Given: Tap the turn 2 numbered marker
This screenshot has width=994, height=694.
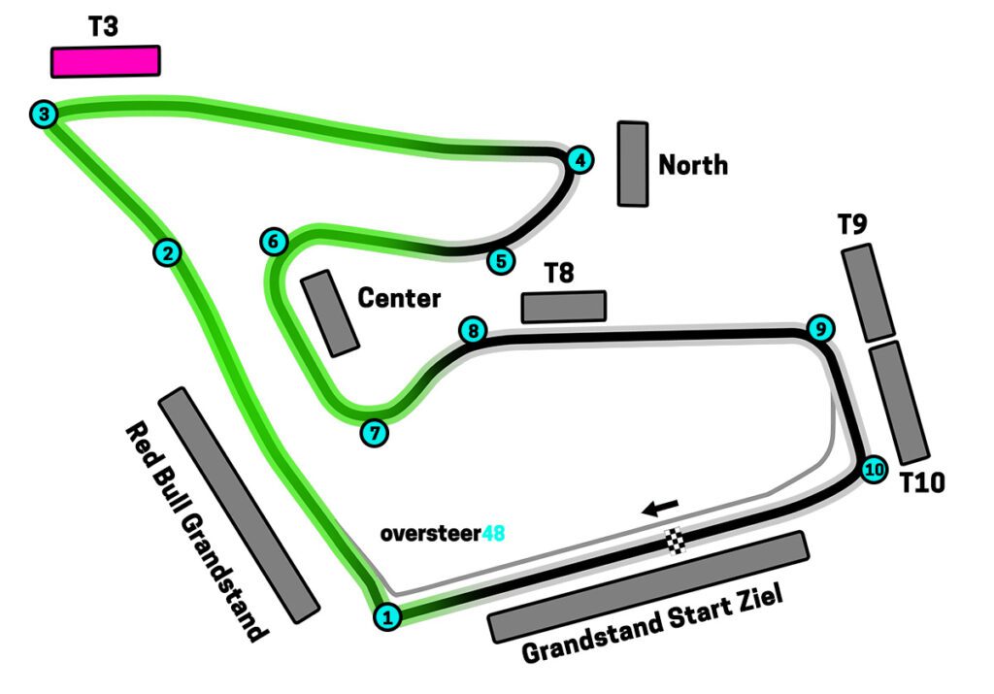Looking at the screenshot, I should tap(168, 253).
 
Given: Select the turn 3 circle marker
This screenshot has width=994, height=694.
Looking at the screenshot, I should tap(44, 115).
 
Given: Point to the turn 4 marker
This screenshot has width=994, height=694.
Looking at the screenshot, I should tap(580, 160).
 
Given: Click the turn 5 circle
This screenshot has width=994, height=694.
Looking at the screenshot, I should tap(500, 260).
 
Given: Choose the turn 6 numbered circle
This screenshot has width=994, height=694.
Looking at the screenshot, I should tap(275, 241).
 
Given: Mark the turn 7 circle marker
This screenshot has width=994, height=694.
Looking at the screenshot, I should tap(374, 432).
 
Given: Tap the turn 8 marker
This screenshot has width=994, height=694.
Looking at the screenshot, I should tap(473, 331).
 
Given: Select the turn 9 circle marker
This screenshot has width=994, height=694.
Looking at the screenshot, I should tap(820, 329).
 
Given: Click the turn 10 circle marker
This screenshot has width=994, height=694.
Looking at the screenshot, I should tap(875, 470).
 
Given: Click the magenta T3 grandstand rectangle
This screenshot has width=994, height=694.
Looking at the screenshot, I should tap(105, 61).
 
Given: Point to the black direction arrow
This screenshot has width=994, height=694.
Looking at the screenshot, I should tap(660, 508).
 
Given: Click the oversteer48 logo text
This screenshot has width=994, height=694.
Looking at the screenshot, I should tap(443, 533).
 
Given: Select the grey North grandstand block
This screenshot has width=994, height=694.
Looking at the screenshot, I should tap(633, 164).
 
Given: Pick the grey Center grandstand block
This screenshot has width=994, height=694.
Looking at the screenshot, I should tap(330, 314).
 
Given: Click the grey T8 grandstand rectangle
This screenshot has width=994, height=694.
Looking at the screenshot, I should tap(564, 307).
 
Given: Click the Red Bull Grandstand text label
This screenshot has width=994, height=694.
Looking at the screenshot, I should tap(194, 531).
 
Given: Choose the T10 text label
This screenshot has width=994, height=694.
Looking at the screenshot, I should tap(922, 482).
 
